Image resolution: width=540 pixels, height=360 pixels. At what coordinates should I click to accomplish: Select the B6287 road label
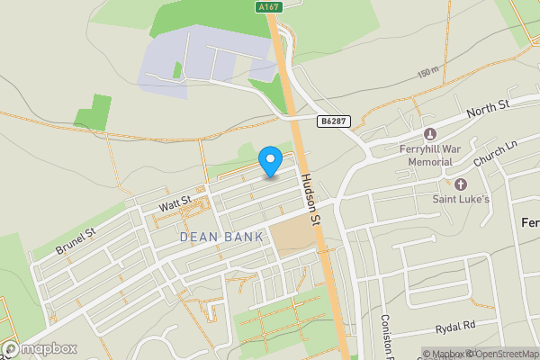(x=331, y=120)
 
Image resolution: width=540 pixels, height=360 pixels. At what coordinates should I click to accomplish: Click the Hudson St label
(x=311, y=200)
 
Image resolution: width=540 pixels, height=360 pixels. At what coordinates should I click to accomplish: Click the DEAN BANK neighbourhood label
(x=221, y=237)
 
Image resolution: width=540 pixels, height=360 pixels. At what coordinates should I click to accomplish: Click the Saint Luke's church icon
(x=461, y=184)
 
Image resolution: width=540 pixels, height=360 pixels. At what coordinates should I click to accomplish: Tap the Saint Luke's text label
(x=461, y=199)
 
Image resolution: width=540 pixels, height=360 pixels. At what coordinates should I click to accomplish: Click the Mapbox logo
(x=40, y=348)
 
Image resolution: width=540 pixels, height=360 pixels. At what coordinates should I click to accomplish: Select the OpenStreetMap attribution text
(x=503, y=354)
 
